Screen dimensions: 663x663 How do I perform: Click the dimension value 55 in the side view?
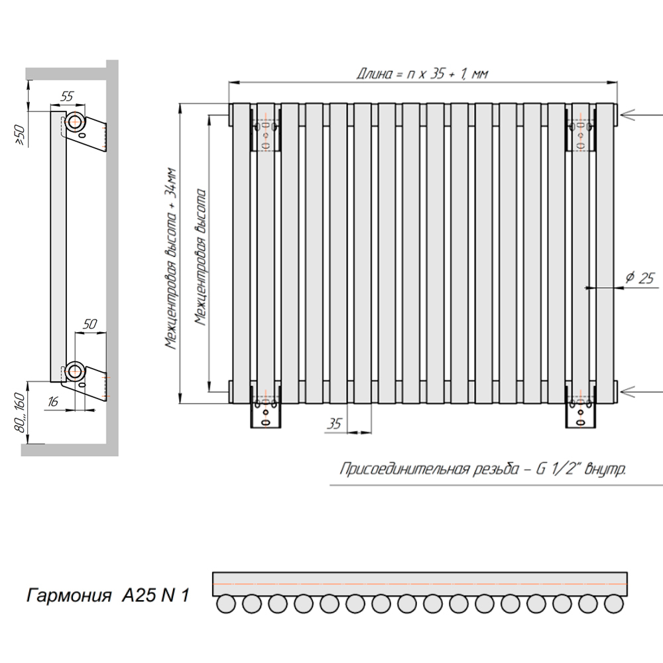(67, 96)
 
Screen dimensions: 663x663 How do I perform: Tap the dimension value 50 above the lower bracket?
(90, 324)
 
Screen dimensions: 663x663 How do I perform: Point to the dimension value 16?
(53, 401)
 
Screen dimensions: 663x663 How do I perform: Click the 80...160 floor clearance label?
(20, 412)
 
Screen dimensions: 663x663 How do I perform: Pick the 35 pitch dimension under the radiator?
(334, 423)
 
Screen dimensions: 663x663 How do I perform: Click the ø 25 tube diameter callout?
(640, 278)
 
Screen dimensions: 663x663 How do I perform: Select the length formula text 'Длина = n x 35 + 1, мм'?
(422, 74)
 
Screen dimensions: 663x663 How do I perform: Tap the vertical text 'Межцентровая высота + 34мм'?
(171, 259)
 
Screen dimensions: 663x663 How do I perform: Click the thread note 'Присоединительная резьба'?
(429, 469)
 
